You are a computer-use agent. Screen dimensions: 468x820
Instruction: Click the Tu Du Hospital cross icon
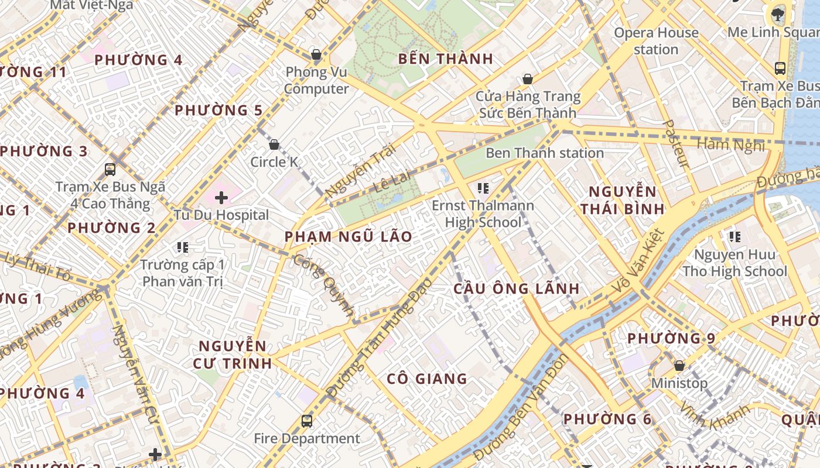221,198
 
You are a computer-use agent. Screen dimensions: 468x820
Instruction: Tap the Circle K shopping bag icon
274,144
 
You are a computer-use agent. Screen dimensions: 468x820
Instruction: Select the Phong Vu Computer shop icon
316,55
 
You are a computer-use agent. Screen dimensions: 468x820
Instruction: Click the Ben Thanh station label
545,153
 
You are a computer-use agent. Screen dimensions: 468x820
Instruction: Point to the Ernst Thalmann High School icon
483,188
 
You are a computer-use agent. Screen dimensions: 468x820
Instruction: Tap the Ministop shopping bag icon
679,366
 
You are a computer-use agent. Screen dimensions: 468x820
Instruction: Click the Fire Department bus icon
306,421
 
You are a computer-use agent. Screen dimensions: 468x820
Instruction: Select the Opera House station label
656,41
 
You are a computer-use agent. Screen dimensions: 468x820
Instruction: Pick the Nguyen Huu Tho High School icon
735,237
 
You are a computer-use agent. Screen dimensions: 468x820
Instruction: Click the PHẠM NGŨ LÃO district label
348,237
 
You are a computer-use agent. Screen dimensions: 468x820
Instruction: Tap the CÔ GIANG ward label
427,379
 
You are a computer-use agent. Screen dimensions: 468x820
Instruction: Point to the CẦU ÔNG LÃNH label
517,288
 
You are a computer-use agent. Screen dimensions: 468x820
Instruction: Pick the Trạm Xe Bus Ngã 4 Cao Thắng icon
110,170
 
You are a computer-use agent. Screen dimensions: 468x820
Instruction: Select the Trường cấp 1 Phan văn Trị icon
183,247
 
